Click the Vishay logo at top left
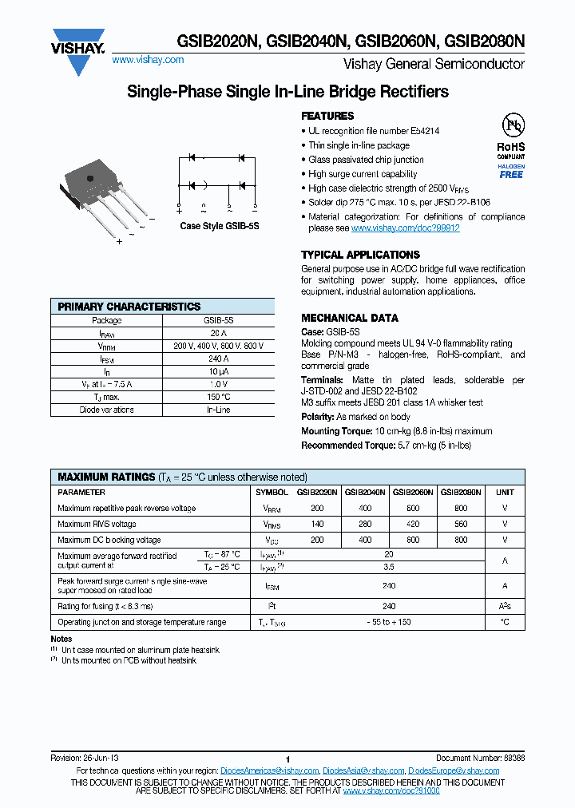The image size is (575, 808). (x=78, y=50)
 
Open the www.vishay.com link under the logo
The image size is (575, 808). (x=148, y=60)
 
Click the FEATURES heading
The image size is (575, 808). (x=327, y=116)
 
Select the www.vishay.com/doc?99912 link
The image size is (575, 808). (x=406, y=228)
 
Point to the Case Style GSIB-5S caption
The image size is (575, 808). (x=220, y=226)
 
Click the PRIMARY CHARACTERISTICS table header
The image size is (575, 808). (x=129, y=307)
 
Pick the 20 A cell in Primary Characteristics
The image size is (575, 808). (x=218, y=333)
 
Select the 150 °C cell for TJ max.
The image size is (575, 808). (x=218, y=397)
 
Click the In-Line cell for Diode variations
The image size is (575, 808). (x=218, y=410)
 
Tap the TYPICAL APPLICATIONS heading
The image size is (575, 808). (x=360, y=255)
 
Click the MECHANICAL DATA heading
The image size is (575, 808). (x=350, y=318)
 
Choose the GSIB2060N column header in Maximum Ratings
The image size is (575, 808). (x=413, y=493)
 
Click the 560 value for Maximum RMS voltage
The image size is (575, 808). (x=461, y=525)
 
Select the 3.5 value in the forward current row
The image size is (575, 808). (x=389, y=567)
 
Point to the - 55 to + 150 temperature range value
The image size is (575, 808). (x=389, y=622)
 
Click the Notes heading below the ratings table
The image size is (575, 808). (x=61, y=639)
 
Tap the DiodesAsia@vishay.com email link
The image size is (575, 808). (x=363, y=770)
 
